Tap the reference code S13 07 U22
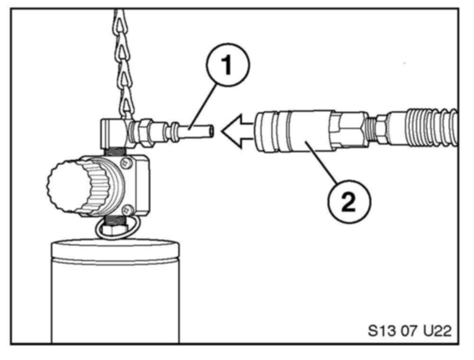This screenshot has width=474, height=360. [410, 329]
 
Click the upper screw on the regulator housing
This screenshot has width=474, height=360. [126, 163]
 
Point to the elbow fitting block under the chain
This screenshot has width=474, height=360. [112, 132]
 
